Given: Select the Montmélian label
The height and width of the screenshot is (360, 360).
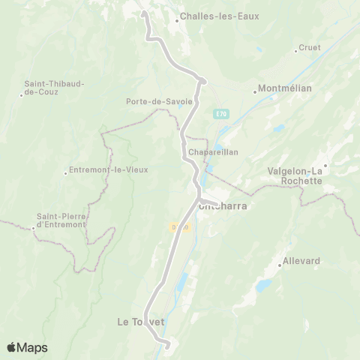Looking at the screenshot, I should click(x=284, y=88).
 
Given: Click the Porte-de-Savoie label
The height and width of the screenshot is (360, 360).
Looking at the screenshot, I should click(x=159, y=101).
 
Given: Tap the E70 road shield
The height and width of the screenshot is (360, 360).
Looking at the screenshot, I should click(x=220, y=114).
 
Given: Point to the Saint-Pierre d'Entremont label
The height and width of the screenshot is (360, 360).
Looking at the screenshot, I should click(x=61, y=221).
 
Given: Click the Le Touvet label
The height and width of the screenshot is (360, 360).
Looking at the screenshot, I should click(x=140, y=322).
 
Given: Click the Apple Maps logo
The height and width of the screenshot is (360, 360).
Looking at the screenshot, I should click(x=27, y=346).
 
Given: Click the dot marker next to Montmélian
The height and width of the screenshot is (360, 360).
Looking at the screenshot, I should click(x=255, y=92).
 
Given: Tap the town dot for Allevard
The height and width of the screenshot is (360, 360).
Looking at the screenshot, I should click(x=278, y=265).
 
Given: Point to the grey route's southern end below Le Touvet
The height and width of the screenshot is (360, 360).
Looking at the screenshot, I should click(x=167, y=345).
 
